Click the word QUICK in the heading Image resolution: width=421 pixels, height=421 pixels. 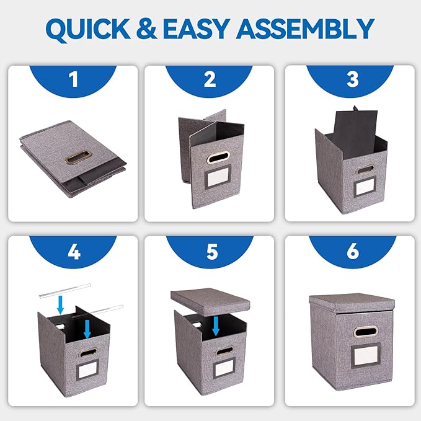tap(88, 30)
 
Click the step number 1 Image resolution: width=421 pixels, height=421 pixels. tap(73, 79)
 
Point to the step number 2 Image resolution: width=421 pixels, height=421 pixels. tap(210, 79)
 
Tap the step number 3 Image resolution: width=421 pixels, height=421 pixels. tap(353, 79)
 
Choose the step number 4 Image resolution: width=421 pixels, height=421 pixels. tap(74, 252)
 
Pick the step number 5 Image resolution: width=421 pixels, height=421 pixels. tap(212, 252)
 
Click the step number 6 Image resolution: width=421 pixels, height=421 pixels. tap(353, 252)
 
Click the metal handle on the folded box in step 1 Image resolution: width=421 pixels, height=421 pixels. tap(78, 156)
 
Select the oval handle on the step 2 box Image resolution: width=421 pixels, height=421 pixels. tap(218, 157)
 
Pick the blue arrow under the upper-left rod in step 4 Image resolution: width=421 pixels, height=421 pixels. tap(61, 304)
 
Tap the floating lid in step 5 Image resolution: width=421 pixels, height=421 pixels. tap(210, 301)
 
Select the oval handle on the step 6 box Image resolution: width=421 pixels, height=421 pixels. tap(366, 332)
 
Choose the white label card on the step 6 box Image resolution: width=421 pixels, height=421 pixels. tap(366, 355)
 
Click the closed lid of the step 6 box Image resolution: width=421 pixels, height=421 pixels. tap(352, 303)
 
